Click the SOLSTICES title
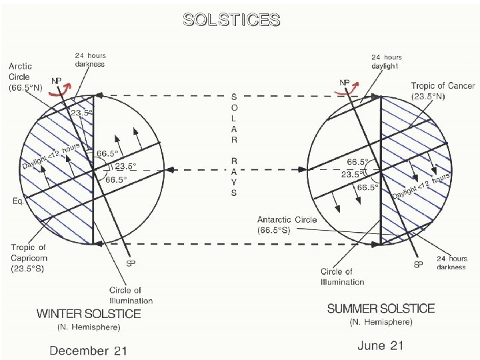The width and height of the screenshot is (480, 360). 231,19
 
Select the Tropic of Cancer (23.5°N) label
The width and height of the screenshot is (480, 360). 443,91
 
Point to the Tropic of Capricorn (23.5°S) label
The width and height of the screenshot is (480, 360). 28,259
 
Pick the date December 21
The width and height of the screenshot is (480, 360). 88,349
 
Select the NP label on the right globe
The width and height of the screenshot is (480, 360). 345,83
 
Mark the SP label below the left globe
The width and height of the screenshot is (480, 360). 131,263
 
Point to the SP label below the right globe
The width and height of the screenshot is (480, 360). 419,265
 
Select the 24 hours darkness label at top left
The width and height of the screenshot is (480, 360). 89,60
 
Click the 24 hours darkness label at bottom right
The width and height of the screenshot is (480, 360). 451,263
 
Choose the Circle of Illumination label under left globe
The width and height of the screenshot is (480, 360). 125,295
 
